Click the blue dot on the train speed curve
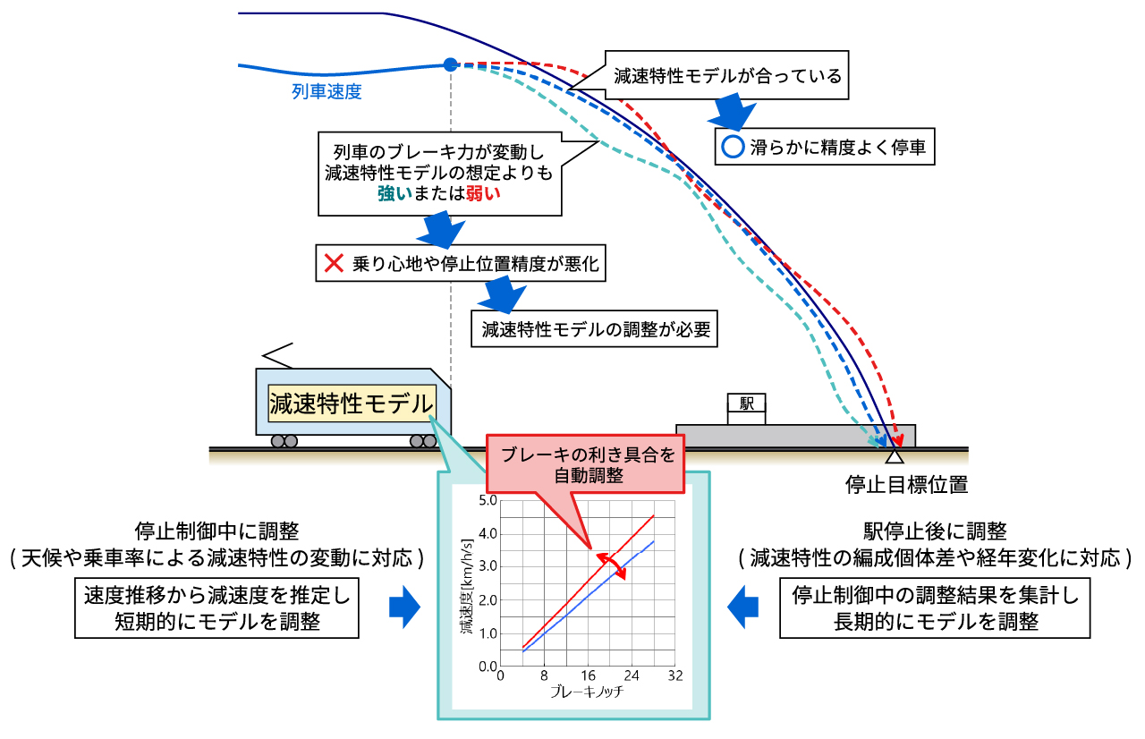coord(450,65)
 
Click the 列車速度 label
coord(327,92)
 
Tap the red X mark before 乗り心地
coord(334,264)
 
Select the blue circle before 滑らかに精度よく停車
coord(733,147)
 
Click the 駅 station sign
coord(746,403)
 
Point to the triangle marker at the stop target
coord(894,456)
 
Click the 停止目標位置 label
coord(906,485)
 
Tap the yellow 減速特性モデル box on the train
coord(352,403)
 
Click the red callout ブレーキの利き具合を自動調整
coord(585,464)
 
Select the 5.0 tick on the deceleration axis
coord(488,500)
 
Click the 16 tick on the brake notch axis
coord(588,675)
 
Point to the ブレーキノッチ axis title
coord(587,692)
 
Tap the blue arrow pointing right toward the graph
coord(404,607)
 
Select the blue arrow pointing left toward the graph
coord(742,607)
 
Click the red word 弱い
coord(483,194)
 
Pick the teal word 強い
coord(394,194)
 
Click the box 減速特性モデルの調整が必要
coord(594,329)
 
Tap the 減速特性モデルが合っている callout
coord(726,76)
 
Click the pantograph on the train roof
coord(277,355)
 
